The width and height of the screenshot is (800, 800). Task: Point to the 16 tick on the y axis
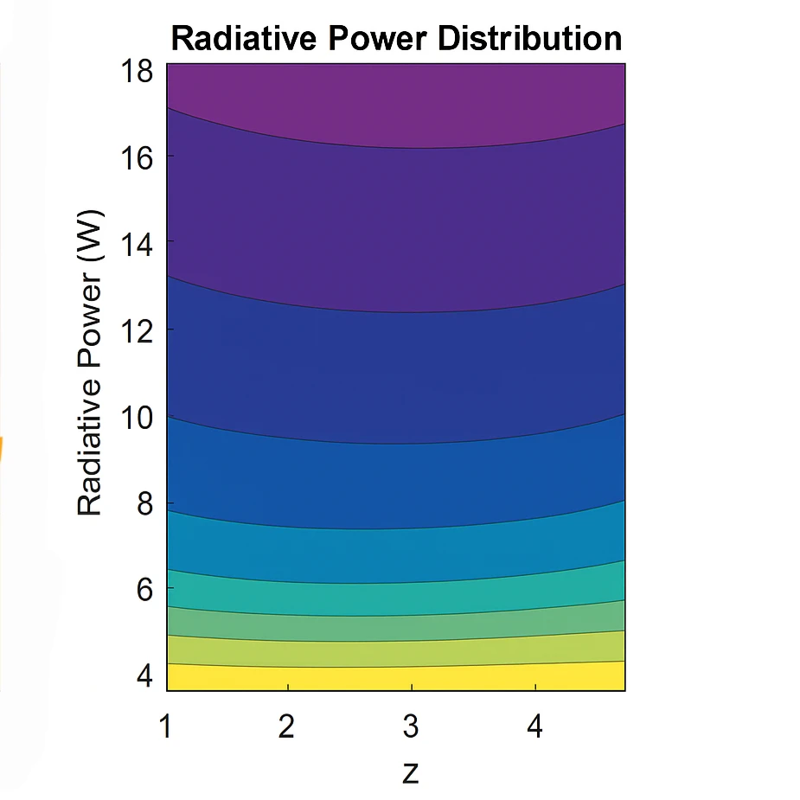coord(136,157)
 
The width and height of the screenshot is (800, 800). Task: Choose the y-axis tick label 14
coord(136,244)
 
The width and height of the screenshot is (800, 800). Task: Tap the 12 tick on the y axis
coord(136,330)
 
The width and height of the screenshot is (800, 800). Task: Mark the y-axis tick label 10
coord(136,417)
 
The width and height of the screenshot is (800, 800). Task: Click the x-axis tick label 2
coord(287,726)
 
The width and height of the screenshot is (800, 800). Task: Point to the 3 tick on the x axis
coord(412,726)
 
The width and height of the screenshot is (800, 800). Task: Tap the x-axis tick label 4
coord(535,726)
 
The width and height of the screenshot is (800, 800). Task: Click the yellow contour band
coord(395,678)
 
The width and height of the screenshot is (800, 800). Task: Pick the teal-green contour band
coord(395,598)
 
